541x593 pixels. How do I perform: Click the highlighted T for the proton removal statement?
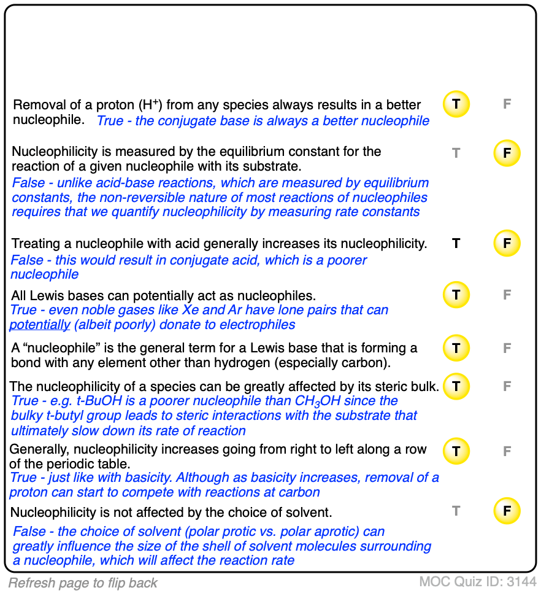(x=456, y=104)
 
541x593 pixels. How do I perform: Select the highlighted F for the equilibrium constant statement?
(x=507, y=153)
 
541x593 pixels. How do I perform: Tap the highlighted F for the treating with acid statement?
(x=507, y=243)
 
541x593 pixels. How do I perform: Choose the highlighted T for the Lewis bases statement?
(x=456, y=295)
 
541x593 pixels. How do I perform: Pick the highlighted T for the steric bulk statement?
(x=456, y=386)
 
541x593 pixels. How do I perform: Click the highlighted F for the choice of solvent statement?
(x=507, y=511)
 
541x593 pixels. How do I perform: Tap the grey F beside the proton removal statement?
(x=507, y=104)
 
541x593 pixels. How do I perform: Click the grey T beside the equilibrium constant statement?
(x=456, y=153)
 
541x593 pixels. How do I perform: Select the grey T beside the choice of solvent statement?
(x=456, y=511)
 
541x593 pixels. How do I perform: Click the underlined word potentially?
(x=40, y=325)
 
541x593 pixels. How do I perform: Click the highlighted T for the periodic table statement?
(x=456, y=451)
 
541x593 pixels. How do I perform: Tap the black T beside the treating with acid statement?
(x=456, y=243)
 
